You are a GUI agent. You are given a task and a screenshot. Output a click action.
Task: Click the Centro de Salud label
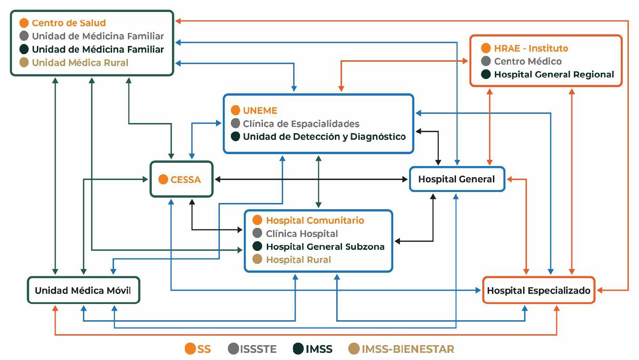[x=68, y=22]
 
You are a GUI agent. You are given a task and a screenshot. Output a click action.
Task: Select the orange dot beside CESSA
[x=163, y=180]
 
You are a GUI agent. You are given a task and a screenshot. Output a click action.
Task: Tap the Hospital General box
[x=456, y=179]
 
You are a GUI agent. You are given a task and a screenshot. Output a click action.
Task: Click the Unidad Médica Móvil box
[x=83, y=290]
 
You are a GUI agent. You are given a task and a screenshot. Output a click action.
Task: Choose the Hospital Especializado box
[x=538, y=290]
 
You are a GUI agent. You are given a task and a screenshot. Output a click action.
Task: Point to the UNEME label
[x=260, y=110]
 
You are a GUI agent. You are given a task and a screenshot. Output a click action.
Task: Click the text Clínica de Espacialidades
[x=301, y=124]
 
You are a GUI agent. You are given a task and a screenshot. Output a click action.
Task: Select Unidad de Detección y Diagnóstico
[x=324, y=136]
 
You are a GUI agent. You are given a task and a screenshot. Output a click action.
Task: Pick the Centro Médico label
[x=527, y=61]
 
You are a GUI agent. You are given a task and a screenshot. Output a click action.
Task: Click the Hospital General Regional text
[x=554, y=74]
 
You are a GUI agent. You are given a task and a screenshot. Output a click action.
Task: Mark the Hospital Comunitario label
[x=315, y=220]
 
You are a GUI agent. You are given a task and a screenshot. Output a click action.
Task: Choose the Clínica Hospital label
[x=302, y=234]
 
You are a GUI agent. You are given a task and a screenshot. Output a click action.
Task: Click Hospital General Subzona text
[x=325, y=247]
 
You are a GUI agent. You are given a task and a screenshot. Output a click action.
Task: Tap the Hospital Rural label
[x=298, y=259]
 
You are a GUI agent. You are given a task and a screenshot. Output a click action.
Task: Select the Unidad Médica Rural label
[x=80, y=62]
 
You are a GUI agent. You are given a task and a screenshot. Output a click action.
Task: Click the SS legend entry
[x=198, y=349]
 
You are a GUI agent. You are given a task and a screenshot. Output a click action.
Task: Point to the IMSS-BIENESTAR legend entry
[x=401, y=349]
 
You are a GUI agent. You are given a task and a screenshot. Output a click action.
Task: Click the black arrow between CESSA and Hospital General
[x=311, y=180]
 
